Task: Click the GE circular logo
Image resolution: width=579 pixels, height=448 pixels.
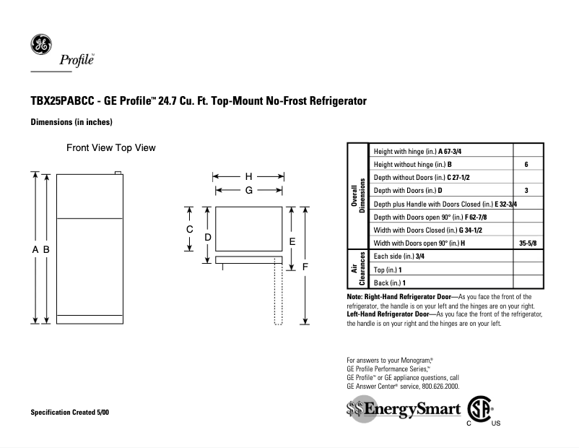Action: tap(40, 45)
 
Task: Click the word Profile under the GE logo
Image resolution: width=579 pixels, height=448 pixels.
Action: tap(82, 61)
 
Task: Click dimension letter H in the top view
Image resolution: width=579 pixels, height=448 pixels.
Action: tap(248, 176)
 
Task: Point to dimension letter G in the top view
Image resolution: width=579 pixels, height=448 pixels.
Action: tap(248, 191)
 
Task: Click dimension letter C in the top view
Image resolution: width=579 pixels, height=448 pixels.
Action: tap(189, 228)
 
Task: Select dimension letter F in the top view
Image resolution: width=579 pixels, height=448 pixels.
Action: tap(305, 266)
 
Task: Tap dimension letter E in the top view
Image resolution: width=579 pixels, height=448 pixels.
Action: tap(292, 241)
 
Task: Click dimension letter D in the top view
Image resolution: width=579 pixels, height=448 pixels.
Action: tap(206, 236)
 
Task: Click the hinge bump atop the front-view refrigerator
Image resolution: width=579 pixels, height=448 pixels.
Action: tap(118, 173)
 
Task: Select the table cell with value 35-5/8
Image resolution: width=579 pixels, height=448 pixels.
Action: tap(528, 243)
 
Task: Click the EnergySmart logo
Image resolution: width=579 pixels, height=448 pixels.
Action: tap(404, 410)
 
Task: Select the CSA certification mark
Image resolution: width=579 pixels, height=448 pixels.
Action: tap(479, 410)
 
